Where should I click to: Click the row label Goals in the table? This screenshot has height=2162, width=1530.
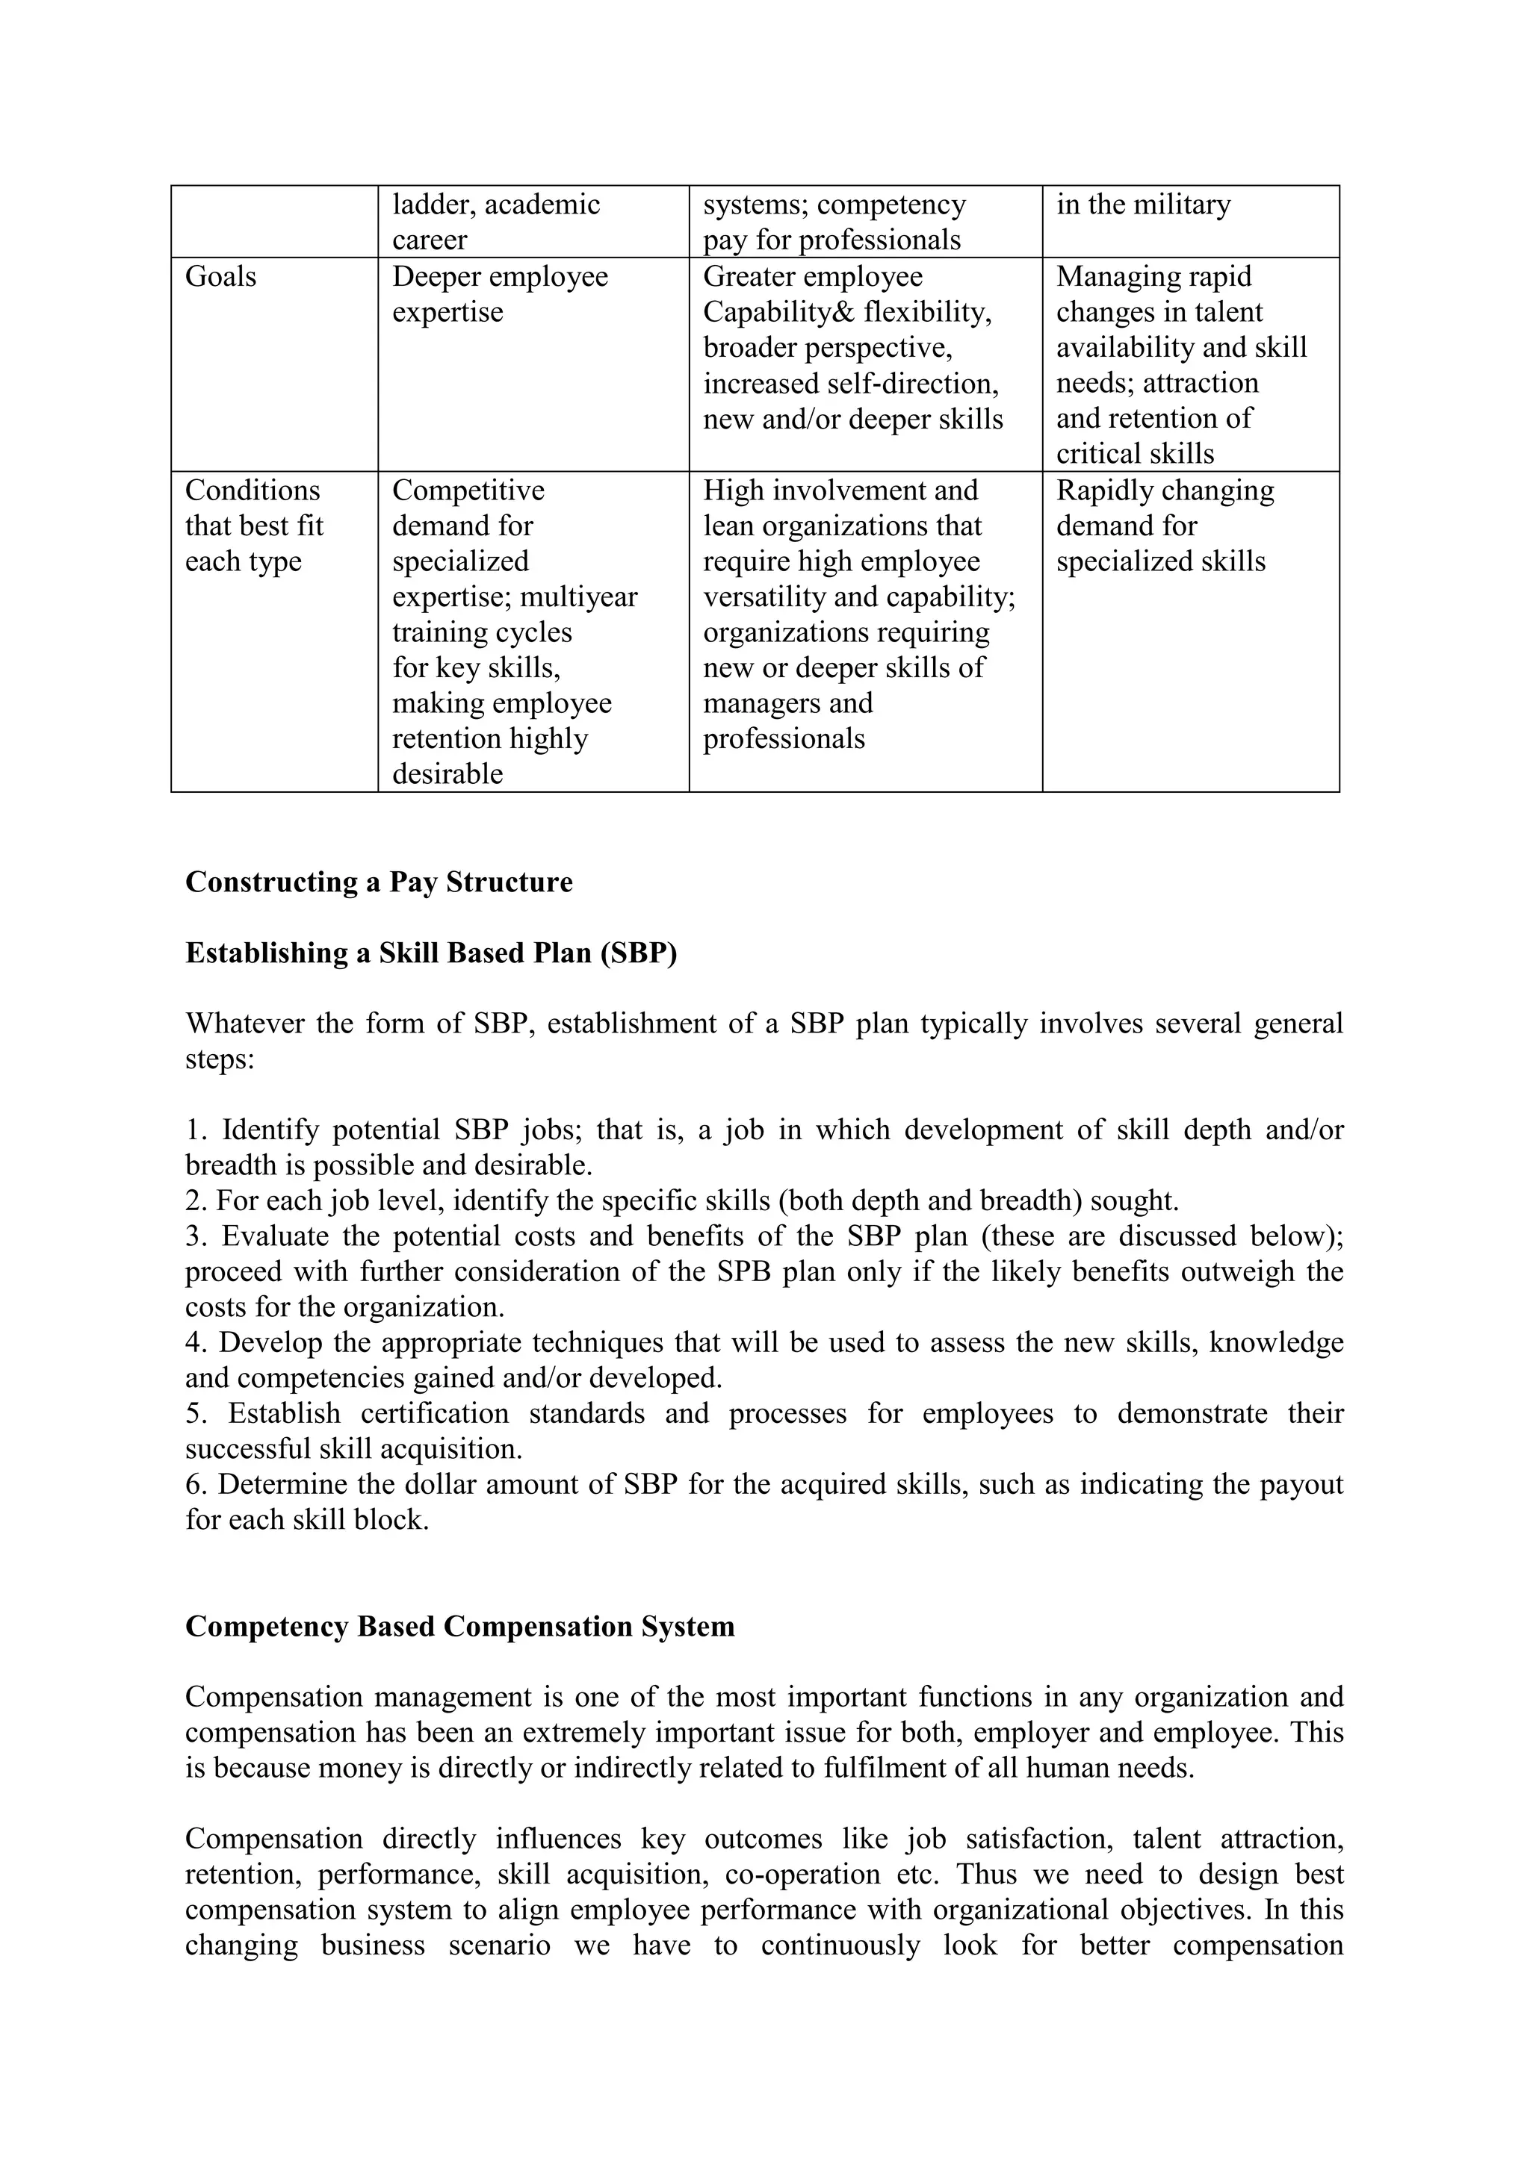(220, 276)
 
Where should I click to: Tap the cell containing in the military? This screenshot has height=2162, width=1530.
(1143, 205)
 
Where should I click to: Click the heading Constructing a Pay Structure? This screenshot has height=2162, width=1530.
(379, 882)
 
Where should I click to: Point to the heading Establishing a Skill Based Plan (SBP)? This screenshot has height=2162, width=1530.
(430, 952)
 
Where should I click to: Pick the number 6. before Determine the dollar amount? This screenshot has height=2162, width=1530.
(194, 1484)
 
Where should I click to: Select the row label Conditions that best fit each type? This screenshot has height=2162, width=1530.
(253, 526)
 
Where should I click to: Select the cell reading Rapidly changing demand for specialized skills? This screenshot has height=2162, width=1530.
(1165, 526)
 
